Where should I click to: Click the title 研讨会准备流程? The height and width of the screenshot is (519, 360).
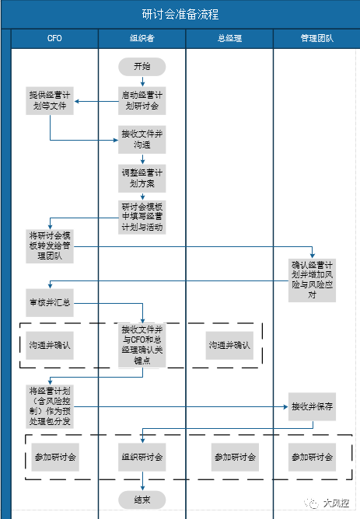tap(180, 15)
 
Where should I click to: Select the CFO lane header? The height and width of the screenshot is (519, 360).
tap(54, 38)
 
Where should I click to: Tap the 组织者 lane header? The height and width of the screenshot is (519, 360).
tap(142, 38)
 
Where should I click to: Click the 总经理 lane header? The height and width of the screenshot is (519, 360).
tap(229, 38)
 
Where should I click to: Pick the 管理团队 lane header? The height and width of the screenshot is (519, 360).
tap(316, 38)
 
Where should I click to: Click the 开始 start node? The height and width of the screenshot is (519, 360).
tap(142, 67)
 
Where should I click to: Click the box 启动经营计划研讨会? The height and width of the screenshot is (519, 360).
tap(142, 100)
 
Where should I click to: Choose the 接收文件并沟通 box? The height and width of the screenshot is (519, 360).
tap(142, 138)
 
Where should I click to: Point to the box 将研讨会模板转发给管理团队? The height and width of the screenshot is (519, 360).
tap(50, 245)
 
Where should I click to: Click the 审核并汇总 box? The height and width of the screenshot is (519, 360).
tap(50, 302)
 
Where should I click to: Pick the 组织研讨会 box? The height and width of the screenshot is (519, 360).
tap(142, 457)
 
